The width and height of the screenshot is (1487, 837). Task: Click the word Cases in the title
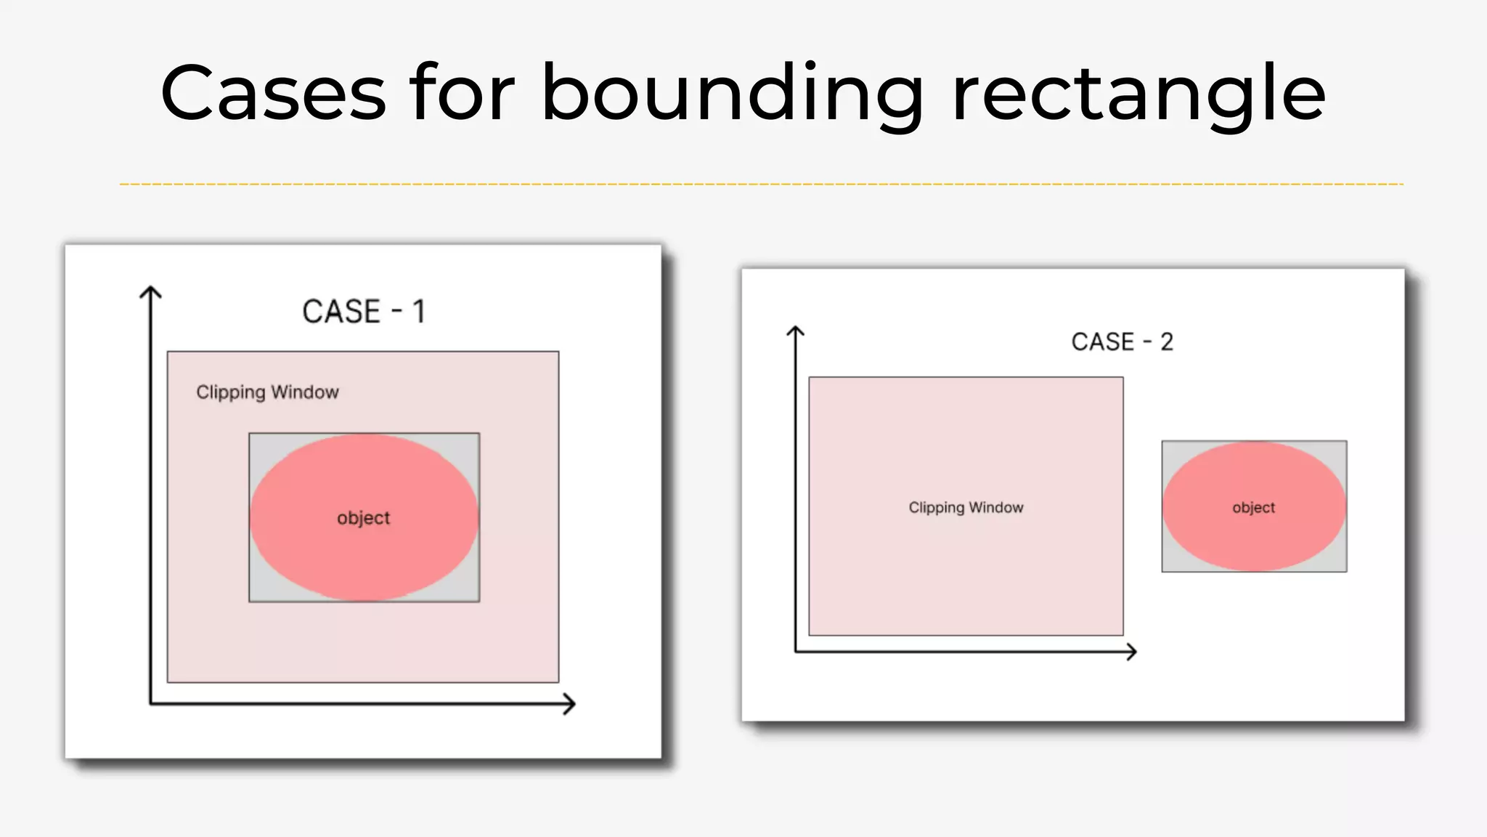(272, 93)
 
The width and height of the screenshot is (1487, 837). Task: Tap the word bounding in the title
(732, 94)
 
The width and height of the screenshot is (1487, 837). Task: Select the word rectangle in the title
(1138, 94)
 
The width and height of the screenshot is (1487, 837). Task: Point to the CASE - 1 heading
(363, 312)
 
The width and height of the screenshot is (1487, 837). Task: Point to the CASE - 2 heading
(1122, 341)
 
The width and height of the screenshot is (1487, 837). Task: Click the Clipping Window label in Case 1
(267, 392)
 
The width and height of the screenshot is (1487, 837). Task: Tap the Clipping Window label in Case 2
(966, 507)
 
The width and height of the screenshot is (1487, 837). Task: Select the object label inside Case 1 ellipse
(363, 518)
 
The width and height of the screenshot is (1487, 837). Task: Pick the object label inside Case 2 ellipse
(1253, 507)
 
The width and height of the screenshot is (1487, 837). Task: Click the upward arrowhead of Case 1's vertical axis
(150, 292)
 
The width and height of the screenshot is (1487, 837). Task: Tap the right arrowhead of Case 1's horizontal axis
(570, 703)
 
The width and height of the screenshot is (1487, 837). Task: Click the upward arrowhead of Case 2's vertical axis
(796, 331)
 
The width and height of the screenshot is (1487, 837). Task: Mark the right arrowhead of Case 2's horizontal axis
(1131, 652)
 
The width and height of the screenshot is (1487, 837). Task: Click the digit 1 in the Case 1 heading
(418, 312)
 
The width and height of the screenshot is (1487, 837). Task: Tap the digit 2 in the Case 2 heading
(1166, 341)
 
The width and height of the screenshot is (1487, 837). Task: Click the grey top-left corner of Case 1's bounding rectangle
(256, 440)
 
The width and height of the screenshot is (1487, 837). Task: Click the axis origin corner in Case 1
(151, 703)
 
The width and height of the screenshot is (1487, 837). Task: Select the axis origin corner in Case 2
(797, 651)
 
